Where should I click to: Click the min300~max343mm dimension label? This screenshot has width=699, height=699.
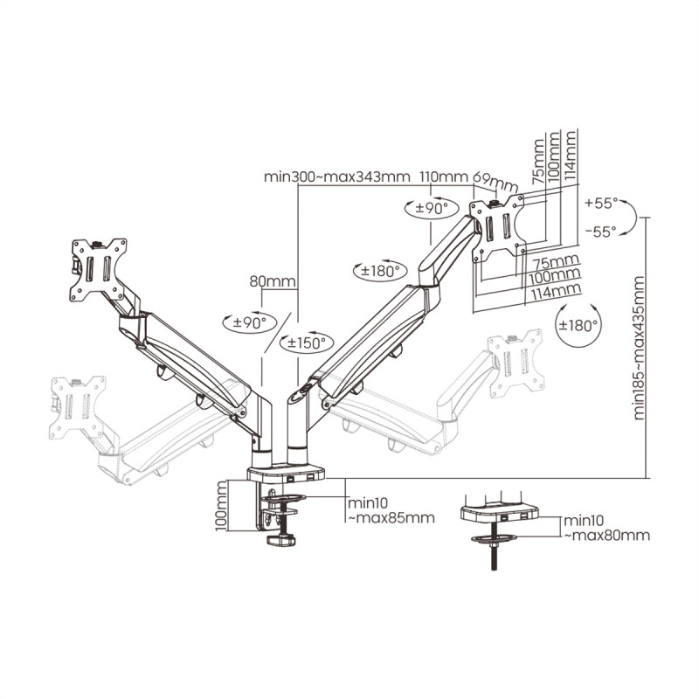337,176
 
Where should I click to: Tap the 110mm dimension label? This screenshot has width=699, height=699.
444,176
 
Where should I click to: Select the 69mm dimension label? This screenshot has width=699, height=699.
495,180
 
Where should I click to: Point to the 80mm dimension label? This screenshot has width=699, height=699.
273,281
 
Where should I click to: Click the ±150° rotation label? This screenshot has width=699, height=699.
306,343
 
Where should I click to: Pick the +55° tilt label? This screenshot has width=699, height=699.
601,204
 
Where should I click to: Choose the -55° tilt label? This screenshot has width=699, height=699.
601,231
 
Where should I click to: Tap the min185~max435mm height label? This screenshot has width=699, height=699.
639,348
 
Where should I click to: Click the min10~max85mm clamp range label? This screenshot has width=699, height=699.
391,510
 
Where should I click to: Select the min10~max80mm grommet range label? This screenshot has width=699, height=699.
606,528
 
